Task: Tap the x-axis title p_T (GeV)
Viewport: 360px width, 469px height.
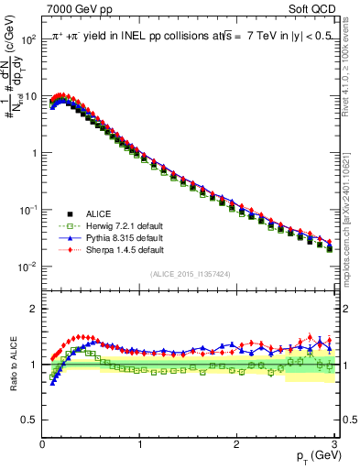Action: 314,455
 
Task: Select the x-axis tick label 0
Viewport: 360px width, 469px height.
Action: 42,443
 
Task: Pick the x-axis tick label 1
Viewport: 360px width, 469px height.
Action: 139,443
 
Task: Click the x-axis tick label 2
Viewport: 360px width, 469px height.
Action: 236,443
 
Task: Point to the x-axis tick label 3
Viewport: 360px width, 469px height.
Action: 333,443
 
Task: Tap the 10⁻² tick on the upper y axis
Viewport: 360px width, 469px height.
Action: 27,267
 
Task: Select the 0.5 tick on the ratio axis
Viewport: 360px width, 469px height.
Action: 29,420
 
